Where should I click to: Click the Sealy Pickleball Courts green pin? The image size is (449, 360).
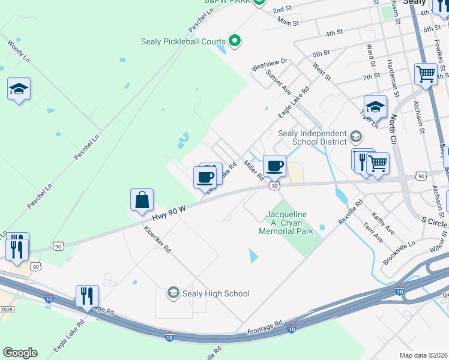click(x=235, y=41)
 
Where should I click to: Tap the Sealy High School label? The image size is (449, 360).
click(x=215, y=293)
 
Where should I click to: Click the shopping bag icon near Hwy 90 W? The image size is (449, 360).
click(x=142, y=200)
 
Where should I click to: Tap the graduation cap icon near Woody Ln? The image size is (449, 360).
click(x=19, y=89)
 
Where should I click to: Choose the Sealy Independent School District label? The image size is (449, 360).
click(x=312, y=137)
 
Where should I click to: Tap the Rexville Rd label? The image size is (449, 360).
click(x=351, y=212)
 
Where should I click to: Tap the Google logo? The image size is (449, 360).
click(x=20, y=353)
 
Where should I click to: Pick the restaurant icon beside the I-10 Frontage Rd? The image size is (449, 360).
click(x=87, y=296)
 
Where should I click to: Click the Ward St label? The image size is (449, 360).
click(x=370, y=55)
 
